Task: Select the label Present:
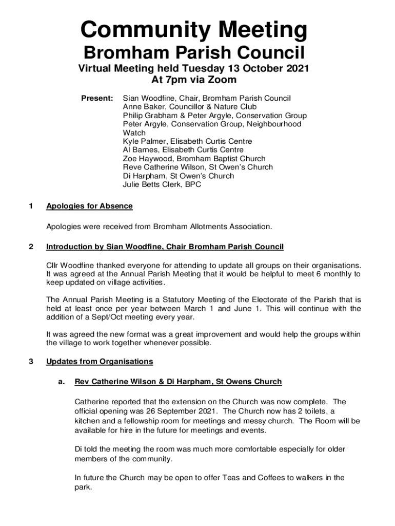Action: coord(97,98)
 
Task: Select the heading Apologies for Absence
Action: coord(89,206)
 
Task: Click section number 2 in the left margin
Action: coord(31,247)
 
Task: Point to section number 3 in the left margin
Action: coord(31,362)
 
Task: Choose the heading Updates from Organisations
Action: coord(100,362)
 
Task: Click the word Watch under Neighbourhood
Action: coord(134,133)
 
